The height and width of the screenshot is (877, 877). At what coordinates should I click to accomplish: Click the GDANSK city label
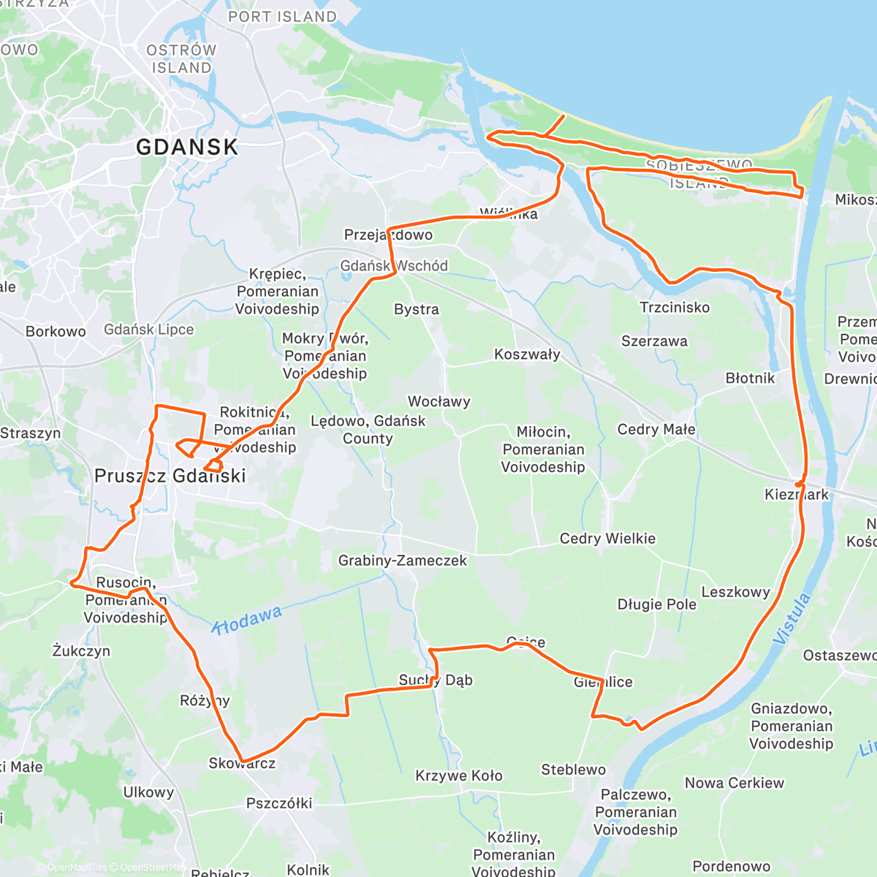pos(187,147)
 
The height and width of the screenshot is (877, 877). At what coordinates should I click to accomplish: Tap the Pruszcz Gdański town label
pos(170,476)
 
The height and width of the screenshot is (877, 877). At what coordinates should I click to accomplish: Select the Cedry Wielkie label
pos(607,539)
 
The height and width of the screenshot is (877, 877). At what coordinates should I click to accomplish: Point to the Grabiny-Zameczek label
pos(402,561)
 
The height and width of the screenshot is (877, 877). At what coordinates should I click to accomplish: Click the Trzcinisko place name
pos(675,308)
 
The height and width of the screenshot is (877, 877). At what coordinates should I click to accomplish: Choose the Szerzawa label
pos(654,341)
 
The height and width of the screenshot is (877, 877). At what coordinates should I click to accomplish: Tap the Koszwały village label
pos(527,354)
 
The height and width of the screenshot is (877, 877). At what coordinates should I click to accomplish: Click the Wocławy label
pos(438,401)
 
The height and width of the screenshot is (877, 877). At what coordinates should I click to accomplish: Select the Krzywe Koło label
pos(459,775)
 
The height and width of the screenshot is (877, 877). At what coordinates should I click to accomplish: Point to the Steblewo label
pos(573,770)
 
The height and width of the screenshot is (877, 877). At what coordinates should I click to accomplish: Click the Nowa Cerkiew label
pos(734,783)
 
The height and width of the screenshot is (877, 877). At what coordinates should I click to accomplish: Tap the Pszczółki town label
pos(278,803)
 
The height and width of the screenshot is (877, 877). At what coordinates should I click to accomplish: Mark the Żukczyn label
pos(81,650)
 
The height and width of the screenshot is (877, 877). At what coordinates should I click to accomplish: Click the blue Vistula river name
pos(792,619)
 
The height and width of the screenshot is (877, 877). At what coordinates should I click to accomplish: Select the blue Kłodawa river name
pos(247,620)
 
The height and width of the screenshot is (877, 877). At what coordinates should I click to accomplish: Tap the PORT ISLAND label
pos(282,16)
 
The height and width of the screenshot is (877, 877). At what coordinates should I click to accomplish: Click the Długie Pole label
pos(656,604)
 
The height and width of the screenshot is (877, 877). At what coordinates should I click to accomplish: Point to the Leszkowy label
pos(735,592)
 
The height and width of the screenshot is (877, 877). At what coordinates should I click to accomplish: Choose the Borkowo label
pos(56,331)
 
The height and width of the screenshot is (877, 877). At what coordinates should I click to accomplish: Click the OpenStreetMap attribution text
pos(153,867)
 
